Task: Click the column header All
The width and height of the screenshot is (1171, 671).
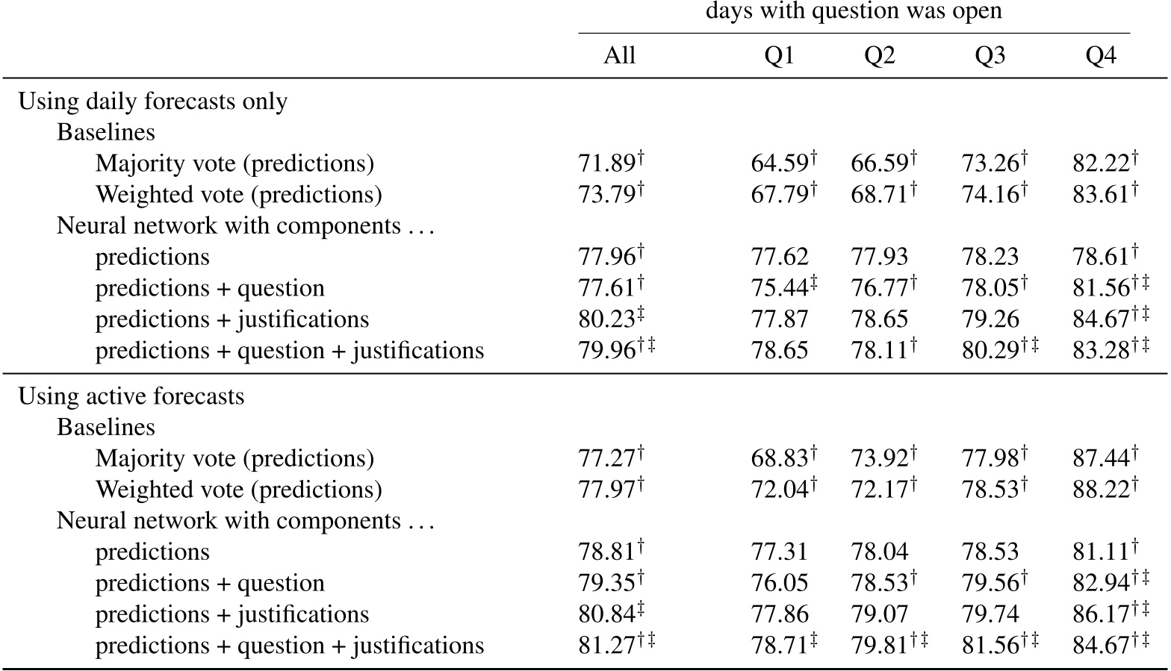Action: point(619,56)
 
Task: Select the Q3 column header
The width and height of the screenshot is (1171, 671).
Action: point(990,56)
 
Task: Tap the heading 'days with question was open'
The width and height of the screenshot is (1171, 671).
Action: point(854,11)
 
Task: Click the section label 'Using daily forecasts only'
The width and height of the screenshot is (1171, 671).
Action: point(152,102)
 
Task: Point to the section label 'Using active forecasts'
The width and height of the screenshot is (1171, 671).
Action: point(131,396)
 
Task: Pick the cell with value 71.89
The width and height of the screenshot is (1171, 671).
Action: point(606,163)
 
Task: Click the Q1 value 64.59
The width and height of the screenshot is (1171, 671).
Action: point(779,163)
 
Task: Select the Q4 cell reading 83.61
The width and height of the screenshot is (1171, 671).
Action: point(1101,195)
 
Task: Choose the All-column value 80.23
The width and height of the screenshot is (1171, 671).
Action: point(606,319)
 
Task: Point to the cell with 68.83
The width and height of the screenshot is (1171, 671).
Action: point(779,458)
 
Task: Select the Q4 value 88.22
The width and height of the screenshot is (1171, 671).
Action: point(1101,490)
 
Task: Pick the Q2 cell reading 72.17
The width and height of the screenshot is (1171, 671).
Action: point(879,490)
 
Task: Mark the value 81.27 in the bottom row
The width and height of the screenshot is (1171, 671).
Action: point(606,646)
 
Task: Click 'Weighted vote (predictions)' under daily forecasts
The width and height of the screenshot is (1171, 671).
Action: point(238,195)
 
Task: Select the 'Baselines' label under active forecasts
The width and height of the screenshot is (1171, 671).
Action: point(106,428)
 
